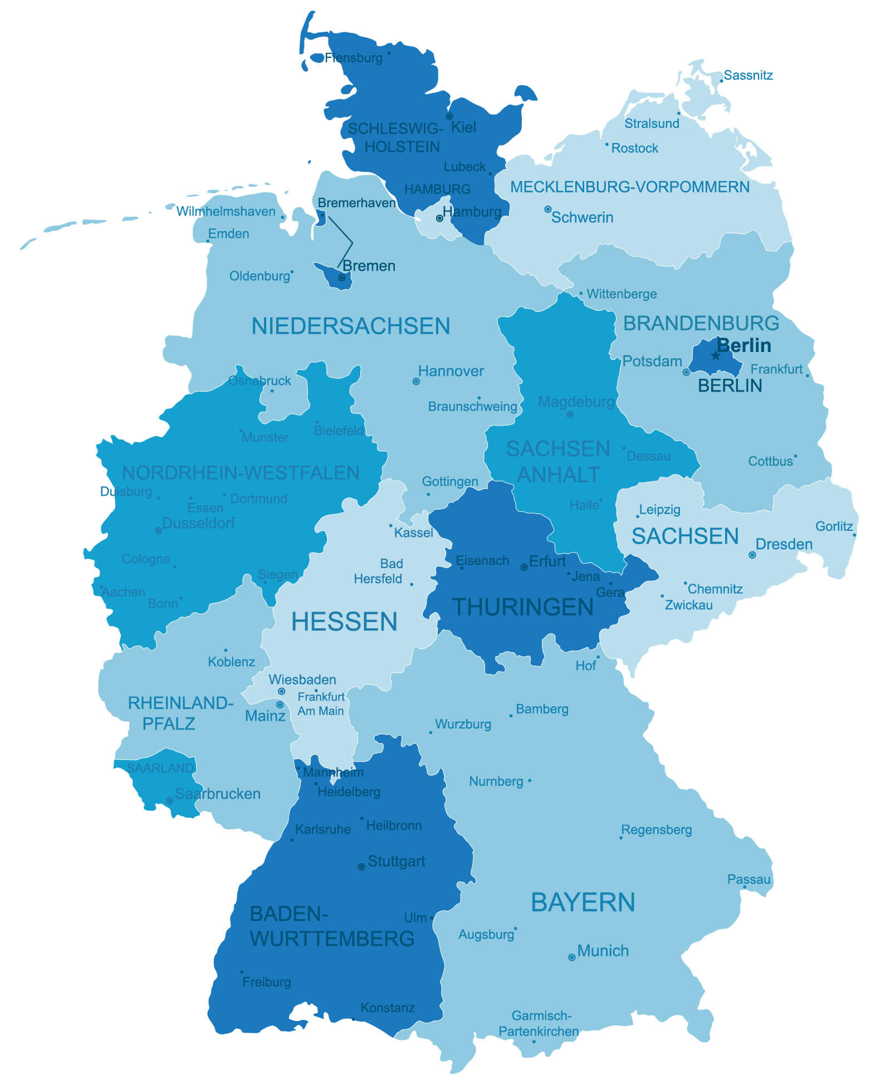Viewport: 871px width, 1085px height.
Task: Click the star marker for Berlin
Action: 716,355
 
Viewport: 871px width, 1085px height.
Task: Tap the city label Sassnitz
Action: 748,75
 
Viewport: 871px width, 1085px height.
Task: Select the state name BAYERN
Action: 583,902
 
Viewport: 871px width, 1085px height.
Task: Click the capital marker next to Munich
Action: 571,957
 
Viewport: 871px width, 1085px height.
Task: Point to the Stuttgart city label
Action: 396,861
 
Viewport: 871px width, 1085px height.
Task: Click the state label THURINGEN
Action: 522,607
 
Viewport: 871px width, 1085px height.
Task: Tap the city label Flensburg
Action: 354,58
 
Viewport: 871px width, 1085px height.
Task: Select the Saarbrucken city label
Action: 217,794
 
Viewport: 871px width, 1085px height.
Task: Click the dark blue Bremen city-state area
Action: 334,277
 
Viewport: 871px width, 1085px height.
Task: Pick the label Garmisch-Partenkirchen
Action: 539,1024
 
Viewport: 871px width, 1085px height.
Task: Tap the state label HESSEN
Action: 344,622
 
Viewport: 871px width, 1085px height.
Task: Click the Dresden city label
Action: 784,544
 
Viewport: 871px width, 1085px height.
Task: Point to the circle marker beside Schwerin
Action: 547,209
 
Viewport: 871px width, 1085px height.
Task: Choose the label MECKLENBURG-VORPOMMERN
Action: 629,187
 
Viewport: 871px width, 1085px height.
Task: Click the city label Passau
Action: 748,879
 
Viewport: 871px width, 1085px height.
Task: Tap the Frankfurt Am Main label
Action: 321,704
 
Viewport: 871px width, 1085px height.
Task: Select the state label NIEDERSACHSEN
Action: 350,326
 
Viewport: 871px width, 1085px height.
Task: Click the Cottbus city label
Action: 770,461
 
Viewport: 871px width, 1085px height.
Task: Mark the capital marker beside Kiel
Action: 449,116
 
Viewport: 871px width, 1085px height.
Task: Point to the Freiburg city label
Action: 266,982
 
